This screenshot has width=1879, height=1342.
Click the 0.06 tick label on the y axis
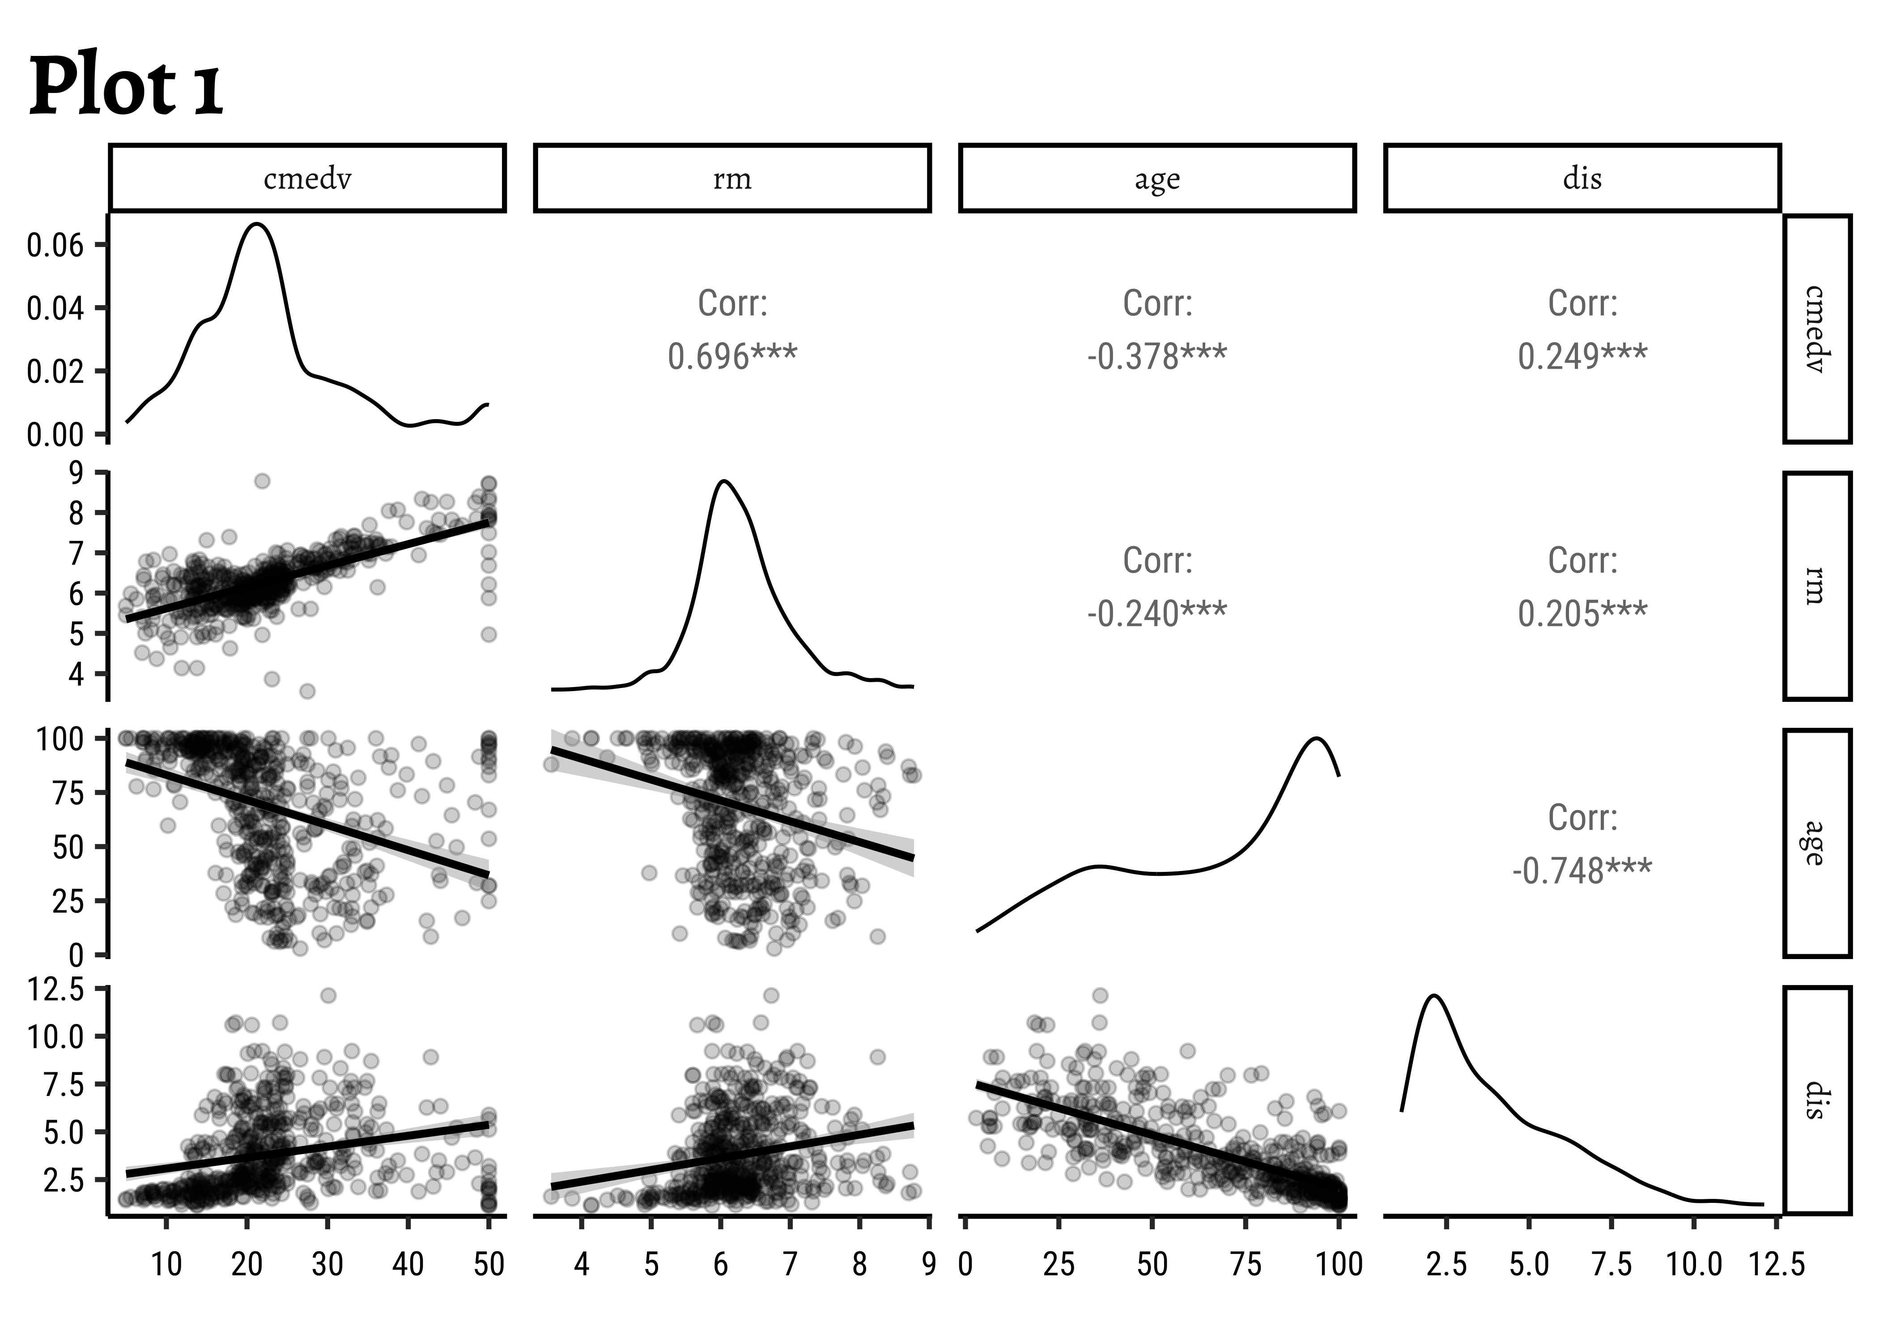click(x=55, y=246)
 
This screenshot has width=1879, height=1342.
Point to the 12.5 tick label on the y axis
click(x=55, y=989)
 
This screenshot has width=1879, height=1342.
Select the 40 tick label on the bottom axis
click(x=408, y=1264)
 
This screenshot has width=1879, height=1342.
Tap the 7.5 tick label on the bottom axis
click(x=1611, y=1264)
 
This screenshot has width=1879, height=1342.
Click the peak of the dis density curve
click(x=1433, y=996)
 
